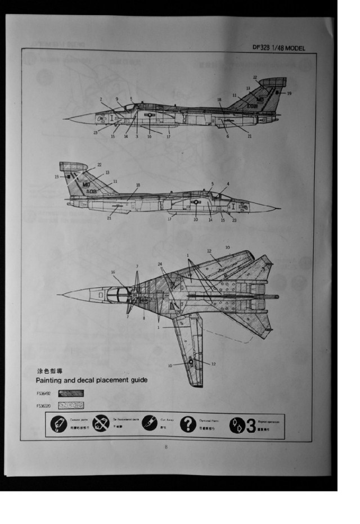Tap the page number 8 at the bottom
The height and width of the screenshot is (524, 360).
[166, 447]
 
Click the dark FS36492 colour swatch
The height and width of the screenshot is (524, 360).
[71, 394]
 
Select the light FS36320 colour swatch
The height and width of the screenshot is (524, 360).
[71, 405]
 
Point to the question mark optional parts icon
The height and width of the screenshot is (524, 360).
[188, 424]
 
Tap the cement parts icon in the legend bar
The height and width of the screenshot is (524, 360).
[58, 424]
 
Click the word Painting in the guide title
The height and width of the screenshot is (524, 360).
[53, 380]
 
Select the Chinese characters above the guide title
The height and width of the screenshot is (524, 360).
[47, 372]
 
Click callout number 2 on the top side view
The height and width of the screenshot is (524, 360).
[101, 100]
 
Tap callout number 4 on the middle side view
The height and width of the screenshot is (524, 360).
[228, 184]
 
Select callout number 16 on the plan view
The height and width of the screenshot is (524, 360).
[112, 272]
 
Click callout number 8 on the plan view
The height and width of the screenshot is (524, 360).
[144, 318]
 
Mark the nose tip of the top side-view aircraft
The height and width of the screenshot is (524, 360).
[65, 119]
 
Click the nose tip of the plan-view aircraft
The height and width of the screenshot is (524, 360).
[58, 294]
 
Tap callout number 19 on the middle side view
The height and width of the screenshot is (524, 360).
[57, 177]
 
